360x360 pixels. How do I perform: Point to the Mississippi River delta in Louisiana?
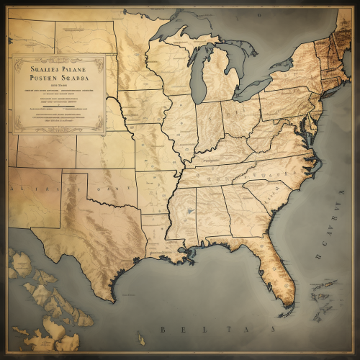tap(192, 253)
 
